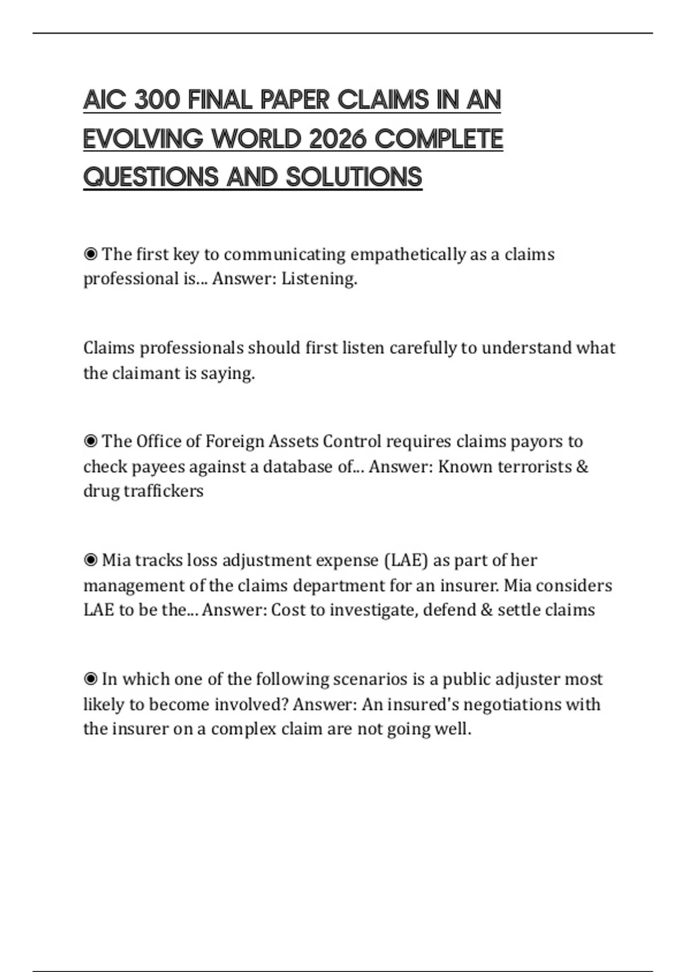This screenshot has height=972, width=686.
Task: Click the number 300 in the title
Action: click(x=157, y=100)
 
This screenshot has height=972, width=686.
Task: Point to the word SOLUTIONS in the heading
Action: click(x=354, y=177)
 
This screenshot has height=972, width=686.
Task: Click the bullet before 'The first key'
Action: click(x=90, y=254)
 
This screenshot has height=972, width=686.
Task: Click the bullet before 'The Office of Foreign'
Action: click(x=90, y=441)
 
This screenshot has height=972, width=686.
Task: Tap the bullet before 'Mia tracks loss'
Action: click(x=90, y=560)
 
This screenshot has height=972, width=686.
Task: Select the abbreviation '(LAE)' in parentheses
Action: click(x=406, y=560)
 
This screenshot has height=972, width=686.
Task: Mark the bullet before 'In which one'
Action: click(x=90, y=679)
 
